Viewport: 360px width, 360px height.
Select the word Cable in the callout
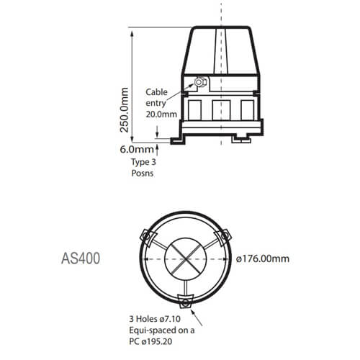[x=158, y=92]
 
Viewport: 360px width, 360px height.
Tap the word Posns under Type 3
[x=141, y=174]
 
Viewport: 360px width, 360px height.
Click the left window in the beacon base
[x=195, y=109]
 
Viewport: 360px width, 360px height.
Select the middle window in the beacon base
[x=221, y=109]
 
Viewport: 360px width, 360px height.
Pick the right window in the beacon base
[x=247, y=109]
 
